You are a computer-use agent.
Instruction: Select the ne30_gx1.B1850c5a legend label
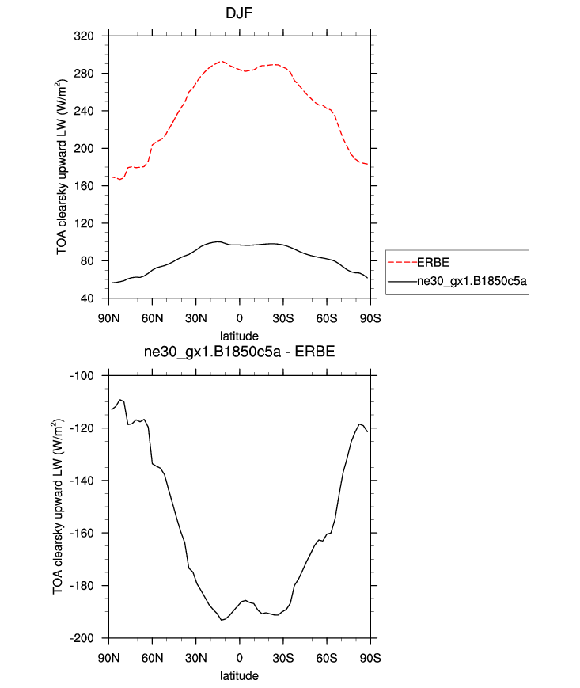click(472, 281)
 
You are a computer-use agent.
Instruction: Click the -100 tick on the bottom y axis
click(83, 376)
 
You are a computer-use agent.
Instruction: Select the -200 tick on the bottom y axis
click(83, 638)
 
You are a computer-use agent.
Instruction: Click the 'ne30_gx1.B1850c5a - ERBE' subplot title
click(239, 354)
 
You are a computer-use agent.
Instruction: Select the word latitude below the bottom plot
click(239, 676)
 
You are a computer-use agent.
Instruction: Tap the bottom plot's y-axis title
click(61, 507)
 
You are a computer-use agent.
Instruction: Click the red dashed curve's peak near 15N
click(222, 61)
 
